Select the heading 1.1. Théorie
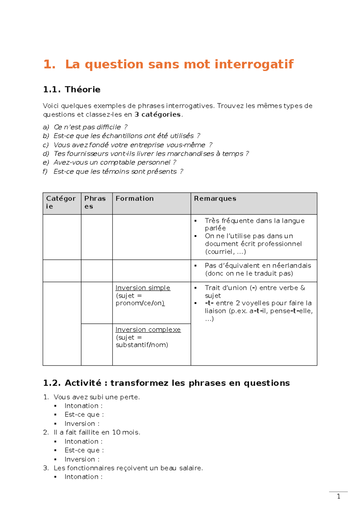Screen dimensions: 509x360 click(72, 89)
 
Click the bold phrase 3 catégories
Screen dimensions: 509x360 click(157, 115)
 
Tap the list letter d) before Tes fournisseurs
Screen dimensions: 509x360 click(46, 154)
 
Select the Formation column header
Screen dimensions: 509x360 click(134, 198)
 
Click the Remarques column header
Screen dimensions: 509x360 click(215, 198)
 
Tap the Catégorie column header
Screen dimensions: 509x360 click(61, 202)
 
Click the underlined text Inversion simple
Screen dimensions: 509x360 click(143, 288)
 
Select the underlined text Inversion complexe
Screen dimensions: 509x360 click(148, 330)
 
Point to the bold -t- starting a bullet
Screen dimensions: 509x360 click(209, 303)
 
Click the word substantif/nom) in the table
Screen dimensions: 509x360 click(142, 345)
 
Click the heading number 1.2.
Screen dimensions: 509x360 click(52, 383)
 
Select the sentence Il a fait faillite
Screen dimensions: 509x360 click(97, 432)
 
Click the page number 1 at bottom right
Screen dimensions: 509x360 click(338, 496)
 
